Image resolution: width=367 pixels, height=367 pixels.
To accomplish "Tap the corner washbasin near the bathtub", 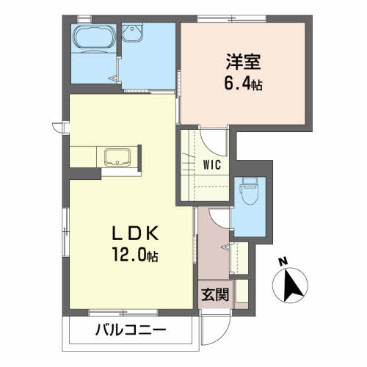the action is [132, 32].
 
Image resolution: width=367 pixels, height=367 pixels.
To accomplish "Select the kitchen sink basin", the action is [117, 157].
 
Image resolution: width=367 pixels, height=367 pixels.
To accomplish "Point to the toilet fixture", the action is [250, 191].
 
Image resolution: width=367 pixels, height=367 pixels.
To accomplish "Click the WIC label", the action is [212, 164].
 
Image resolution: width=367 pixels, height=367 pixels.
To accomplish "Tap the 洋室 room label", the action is [243, 62].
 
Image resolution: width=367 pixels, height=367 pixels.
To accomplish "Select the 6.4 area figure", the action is [243, 84].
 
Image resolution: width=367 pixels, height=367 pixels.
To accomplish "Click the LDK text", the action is [135, 233].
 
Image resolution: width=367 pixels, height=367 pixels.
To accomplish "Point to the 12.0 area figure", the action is [135, 255].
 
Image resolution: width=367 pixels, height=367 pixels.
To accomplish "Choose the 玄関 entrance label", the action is [215, 294].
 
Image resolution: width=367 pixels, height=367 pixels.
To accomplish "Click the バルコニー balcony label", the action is [131, 330].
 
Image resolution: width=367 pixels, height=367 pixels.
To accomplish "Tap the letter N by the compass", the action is [283, 262].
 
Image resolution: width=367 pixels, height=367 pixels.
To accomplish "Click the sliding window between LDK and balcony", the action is [123, 313].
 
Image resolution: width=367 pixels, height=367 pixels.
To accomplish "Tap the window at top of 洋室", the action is [232, 18].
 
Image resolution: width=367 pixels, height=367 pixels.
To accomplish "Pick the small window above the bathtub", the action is [84, 18].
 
